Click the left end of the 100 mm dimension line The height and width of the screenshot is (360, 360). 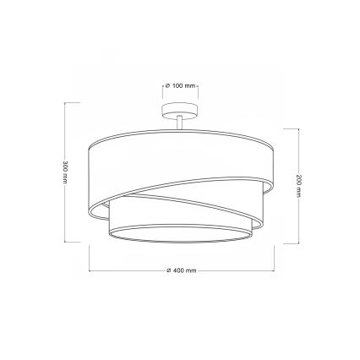162,95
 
